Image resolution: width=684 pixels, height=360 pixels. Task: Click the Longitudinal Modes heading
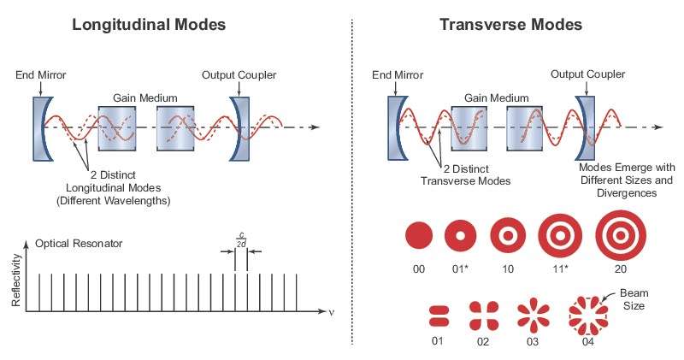coord(149,25)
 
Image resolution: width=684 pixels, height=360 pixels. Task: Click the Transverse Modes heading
coord(510,25)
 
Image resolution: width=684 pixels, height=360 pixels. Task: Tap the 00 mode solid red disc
coord(418,235)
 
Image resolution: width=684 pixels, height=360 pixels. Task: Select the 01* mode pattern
coord(460,235)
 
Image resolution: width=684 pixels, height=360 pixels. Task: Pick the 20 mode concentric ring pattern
coord(622,235)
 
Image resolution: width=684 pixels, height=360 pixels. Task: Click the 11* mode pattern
coord(561,235)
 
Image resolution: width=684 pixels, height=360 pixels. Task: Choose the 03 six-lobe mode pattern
coord(533,316)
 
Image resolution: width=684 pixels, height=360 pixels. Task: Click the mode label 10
coord(507,269)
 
